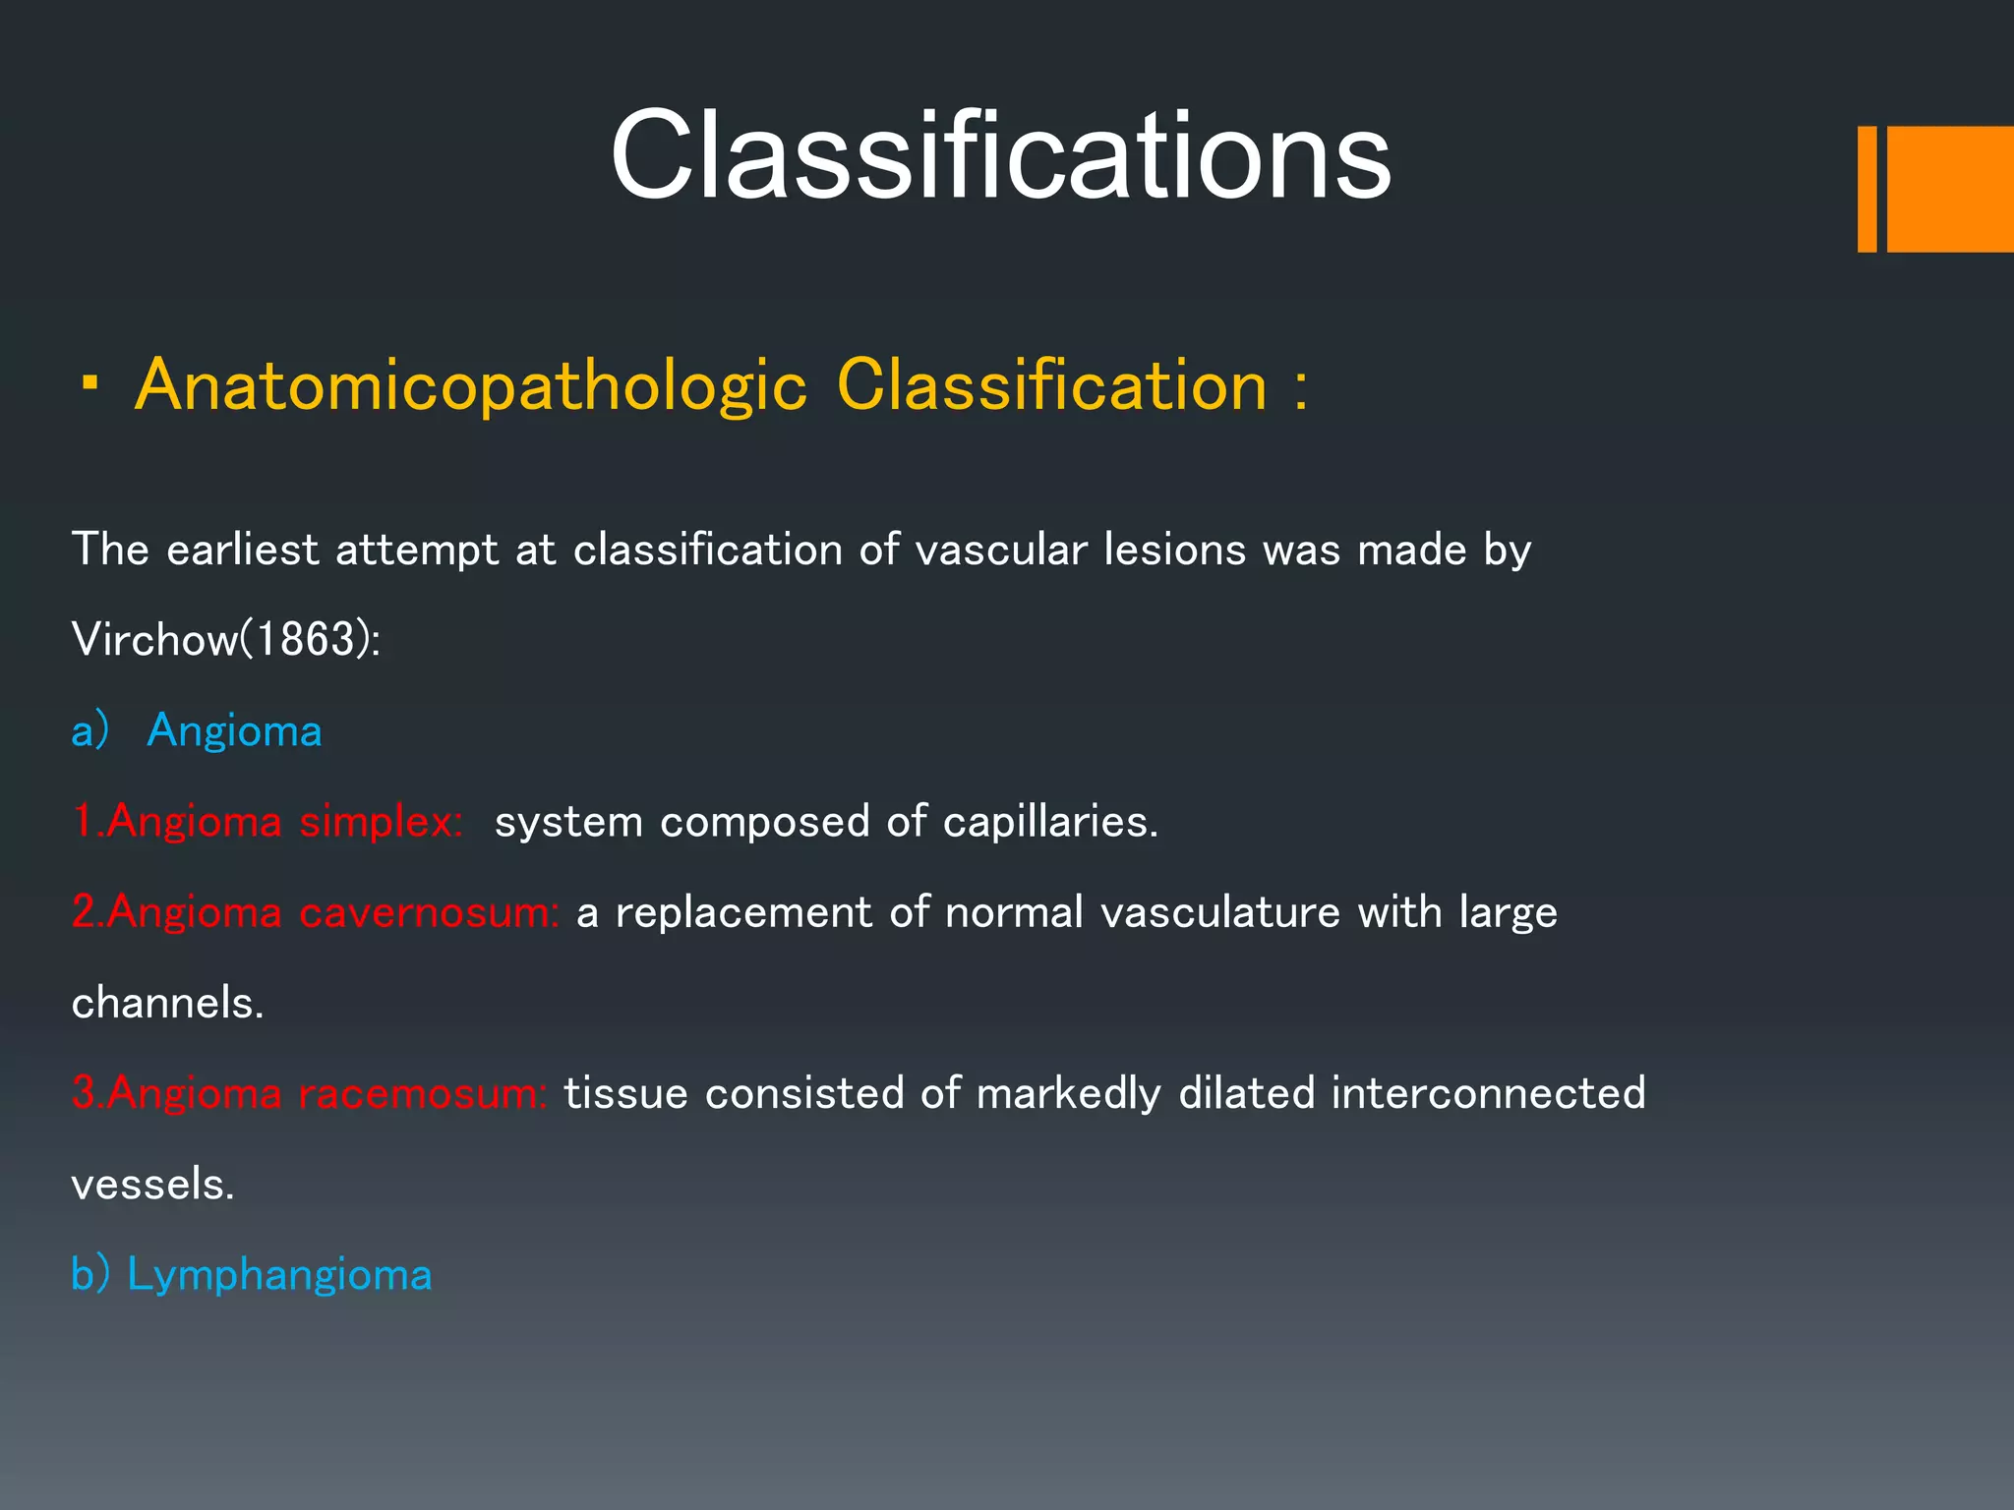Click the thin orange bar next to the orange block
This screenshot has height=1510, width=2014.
click(x=1866, y=189)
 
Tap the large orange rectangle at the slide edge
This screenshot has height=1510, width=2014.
click(x=1950, y=189)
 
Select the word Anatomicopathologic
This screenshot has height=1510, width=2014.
click(x=470, y=385)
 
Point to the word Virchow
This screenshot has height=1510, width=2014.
click(x=154, y=640)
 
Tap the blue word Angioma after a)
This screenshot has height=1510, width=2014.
click(x=234, y=731)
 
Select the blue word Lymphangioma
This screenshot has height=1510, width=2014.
click(x=279, y=1275)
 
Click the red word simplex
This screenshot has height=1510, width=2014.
click(x=380, y=822)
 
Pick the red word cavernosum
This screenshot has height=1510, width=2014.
click(x=428, y=912)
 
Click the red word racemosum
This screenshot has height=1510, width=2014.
click(x=421, y=1093)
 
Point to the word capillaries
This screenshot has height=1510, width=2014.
click(x=1049, y=822)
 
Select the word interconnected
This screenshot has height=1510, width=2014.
click(x=1488, y=1093)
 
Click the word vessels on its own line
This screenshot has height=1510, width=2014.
click(x=152, y=1185)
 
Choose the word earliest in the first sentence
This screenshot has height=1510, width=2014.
click(x=242, y=550)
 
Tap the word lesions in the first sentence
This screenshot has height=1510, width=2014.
click(x=1174, y=550)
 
